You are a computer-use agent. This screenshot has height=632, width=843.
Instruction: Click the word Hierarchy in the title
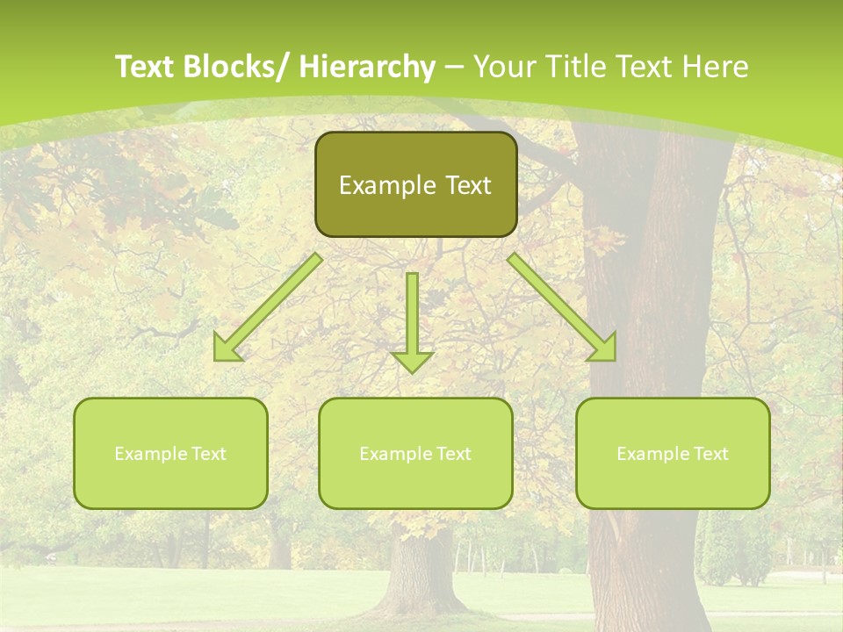click(367, 68)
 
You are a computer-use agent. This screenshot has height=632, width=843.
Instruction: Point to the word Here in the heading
click(716, 68)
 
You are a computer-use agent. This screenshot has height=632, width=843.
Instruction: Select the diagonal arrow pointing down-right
click(562, 307)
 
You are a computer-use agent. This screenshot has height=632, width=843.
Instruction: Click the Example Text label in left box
click(170, 454)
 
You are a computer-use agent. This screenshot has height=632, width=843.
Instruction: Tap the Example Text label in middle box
click(415, 454)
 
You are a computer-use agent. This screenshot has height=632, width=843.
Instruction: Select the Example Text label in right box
click(673, 454)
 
